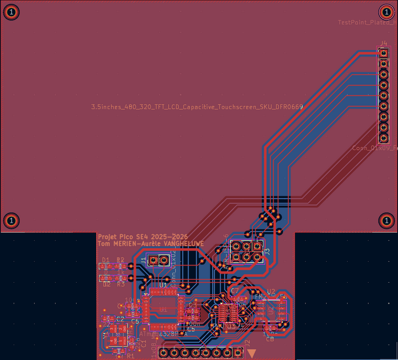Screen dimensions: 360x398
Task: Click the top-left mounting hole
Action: point(11,11)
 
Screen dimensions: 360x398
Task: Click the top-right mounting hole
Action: point(387,11)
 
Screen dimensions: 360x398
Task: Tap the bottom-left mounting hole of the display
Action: point(11,220)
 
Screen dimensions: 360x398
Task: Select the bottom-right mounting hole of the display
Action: point(387,220)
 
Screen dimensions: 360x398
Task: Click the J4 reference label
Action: point(384,43)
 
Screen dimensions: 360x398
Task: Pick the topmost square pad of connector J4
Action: point(384,53)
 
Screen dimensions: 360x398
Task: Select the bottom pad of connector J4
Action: point(384,138)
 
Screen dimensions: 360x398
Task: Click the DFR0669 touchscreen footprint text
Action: point(197,107)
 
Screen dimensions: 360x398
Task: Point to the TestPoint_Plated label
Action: point(366,23)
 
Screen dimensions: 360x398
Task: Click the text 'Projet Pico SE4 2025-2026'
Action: point(142,236)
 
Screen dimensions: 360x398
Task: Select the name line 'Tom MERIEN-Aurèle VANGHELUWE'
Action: point(151,244)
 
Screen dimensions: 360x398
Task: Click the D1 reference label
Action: point(105,260)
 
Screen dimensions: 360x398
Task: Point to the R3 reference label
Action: point(121,284)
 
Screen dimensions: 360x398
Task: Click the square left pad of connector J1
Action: point(153,261)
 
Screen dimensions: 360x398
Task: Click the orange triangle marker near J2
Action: point(251,353)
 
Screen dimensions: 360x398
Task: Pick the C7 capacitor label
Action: point(234,291)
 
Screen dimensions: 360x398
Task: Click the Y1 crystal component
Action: point(119,332)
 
